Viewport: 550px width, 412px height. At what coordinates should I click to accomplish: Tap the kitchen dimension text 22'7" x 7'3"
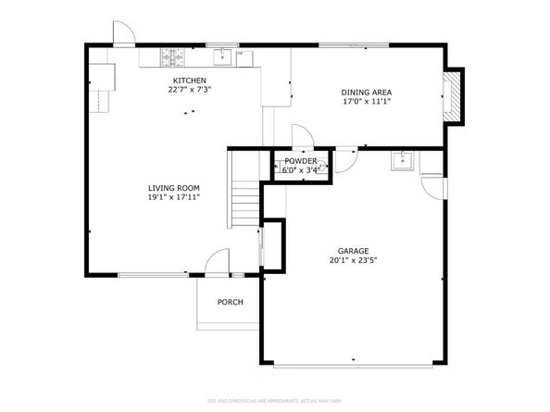coord(190,91)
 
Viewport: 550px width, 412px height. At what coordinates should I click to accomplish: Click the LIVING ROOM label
coord(174,187)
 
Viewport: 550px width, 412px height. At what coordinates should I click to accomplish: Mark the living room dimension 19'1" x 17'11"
coord(174,196)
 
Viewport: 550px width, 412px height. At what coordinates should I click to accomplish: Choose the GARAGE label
coord(353,251)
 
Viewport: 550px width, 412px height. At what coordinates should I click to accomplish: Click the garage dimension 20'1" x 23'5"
coord(353,260)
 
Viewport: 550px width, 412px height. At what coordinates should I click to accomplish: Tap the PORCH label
coord(230,303)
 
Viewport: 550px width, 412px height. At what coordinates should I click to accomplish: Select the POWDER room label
coord(301,160)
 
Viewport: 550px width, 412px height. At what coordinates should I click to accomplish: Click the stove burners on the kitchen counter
coord(172,57)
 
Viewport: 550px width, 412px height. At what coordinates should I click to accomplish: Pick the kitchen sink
coord(223,57)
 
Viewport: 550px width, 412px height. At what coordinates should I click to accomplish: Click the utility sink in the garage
coord(401,162)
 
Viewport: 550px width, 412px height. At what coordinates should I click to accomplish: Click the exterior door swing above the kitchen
coord(124,32)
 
